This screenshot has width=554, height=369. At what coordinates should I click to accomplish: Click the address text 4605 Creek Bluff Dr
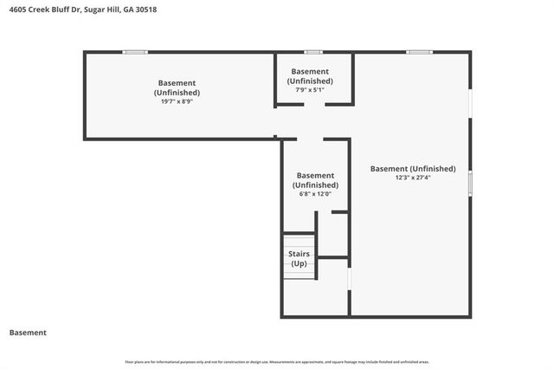44,10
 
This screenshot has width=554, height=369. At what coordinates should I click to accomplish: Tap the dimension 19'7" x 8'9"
177,101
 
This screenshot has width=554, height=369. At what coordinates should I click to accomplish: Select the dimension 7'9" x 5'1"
310,89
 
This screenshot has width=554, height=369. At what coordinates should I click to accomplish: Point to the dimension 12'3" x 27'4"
413,178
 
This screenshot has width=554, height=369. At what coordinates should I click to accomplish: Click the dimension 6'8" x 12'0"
315,193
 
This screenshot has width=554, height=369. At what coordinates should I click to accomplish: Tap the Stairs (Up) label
299,258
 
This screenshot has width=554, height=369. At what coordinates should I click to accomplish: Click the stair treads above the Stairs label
299,242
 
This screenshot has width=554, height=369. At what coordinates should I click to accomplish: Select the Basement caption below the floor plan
28,333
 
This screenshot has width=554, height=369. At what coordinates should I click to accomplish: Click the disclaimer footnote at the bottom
277,361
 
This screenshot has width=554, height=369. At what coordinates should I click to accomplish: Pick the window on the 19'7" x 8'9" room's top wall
134,52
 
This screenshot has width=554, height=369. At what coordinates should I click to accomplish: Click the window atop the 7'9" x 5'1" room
313,52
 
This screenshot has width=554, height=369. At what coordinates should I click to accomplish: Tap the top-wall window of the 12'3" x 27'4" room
420,52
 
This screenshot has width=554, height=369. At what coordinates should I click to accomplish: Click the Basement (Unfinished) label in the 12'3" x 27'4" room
413,168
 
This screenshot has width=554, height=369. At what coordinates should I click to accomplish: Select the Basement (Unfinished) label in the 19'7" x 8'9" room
177,87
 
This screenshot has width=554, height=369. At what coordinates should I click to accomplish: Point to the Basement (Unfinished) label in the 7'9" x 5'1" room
310,75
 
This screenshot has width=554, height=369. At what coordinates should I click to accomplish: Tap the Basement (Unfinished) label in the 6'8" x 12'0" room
315,179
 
